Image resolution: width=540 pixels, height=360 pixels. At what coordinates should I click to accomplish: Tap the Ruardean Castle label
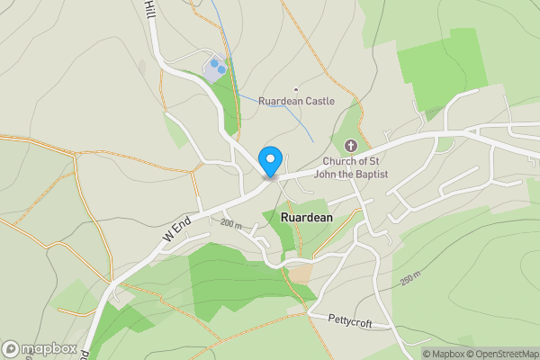click(x=296, y=102)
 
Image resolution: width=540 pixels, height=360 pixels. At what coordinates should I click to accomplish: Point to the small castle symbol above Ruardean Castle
click(x=295, y=89)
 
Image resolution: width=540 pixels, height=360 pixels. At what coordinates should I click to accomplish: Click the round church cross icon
click(x=351, y=146)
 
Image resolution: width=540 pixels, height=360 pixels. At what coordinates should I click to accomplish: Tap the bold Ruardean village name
click(x=307, y=218)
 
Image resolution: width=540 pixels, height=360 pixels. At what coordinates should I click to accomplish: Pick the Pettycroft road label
click(x=350, y=319)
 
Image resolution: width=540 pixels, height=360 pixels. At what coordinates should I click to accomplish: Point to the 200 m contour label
click(x=231, y=222)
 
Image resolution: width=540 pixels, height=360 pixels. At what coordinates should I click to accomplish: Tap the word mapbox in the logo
click(x=49, y=348)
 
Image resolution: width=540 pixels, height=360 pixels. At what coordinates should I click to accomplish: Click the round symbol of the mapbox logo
click(x=11, y=348)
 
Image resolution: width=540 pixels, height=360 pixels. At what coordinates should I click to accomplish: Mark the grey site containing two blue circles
click(x=216, y=68)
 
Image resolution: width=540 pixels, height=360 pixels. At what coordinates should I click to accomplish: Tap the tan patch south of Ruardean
click(x=300, y=273)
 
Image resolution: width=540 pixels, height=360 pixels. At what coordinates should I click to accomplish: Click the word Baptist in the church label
click(x=369, y=174)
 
